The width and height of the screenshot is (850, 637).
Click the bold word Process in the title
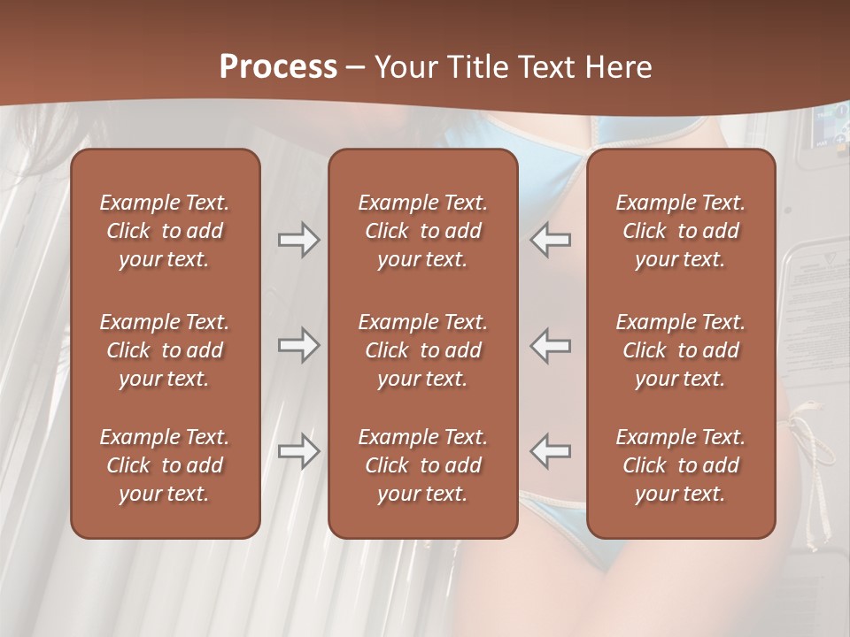278,67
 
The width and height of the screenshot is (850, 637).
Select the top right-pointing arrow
299,240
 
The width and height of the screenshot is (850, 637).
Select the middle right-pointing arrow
299,345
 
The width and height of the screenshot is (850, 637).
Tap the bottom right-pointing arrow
299,451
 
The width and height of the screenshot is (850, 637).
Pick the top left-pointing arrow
550,240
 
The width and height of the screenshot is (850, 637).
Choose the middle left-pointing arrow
550,345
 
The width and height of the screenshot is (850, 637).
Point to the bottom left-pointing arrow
550,451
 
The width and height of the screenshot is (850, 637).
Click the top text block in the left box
165,231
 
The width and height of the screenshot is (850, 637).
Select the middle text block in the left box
165,350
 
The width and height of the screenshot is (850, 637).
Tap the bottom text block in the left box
165,465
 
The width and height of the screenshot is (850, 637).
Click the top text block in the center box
422,231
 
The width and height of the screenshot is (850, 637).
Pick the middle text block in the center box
422,350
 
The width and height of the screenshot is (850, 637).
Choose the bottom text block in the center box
422,465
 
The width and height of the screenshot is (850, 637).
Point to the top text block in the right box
681,231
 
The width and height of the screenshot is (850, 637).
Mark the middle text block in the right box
681,350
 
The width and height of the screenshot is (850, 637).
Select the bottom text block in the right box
681,465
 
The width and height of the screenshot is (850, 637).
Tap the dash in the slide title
356,68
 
